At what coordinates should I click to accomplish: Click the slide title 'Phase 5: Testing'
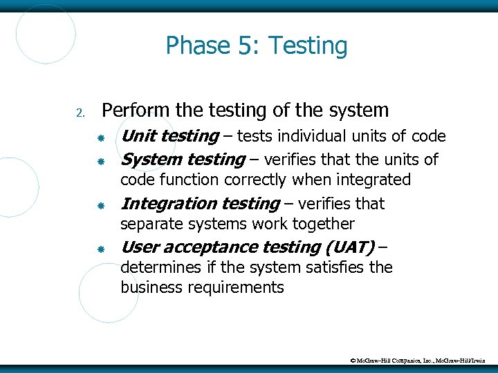tap(256, 46)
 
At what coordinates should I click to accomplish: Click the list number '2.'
tap(80, 113)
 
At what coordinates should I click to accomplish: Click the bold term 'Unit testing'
tap(169, 137)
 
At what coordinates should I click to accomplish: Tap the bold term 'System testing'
tap(183, 160)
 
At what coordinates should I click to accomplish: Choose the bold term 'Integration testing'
tap(200, 203)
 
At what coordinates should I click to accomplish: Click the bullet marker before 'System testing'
tap(100, 161)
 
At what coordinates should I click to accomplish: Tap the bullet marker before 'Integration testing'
tap(100, 205)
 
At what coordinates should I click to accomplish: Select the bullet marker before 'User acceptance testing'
tap(100, 248)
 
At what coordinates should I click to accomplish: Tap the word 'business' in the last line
tap(149, 287)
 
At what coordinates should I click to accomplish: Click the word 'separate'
tap(150, 224)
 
